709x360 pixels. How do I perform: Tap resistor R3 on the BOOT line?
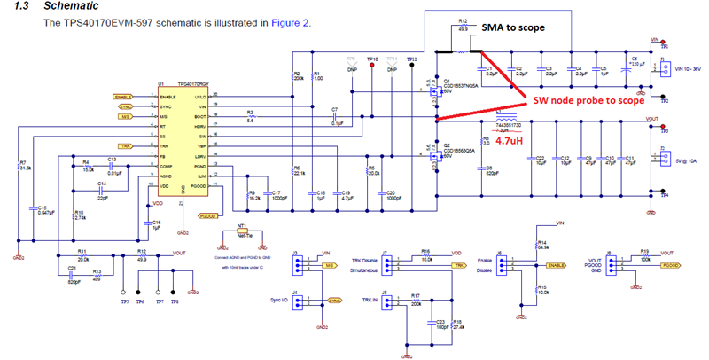[x=252, y=117]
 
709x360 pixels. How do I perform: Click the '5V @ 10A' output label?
[x=684, y=161]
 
